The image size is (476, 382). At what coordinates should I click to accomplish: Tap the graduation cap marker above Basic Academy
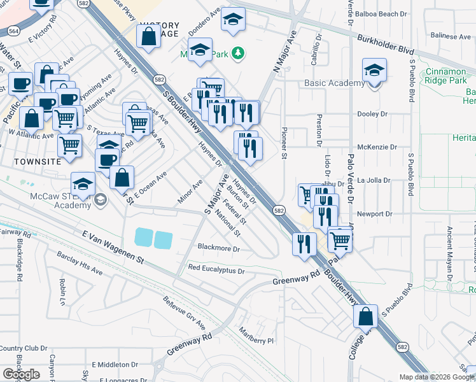374,71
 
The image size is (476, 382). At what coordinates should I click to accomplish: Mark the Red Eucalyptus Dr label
216,270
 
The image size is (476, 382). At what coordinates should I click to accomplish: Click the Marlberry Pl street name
256,340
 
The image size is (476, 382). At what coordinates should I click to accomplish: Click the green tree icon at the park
238,52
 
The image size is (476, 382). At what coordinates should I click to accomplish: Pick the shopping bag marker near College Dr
366,316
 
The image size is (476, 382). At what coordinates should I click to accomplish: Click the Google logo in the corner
22,374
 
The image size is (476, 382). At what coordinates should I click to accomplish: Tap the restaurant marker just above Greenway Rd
304,243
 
